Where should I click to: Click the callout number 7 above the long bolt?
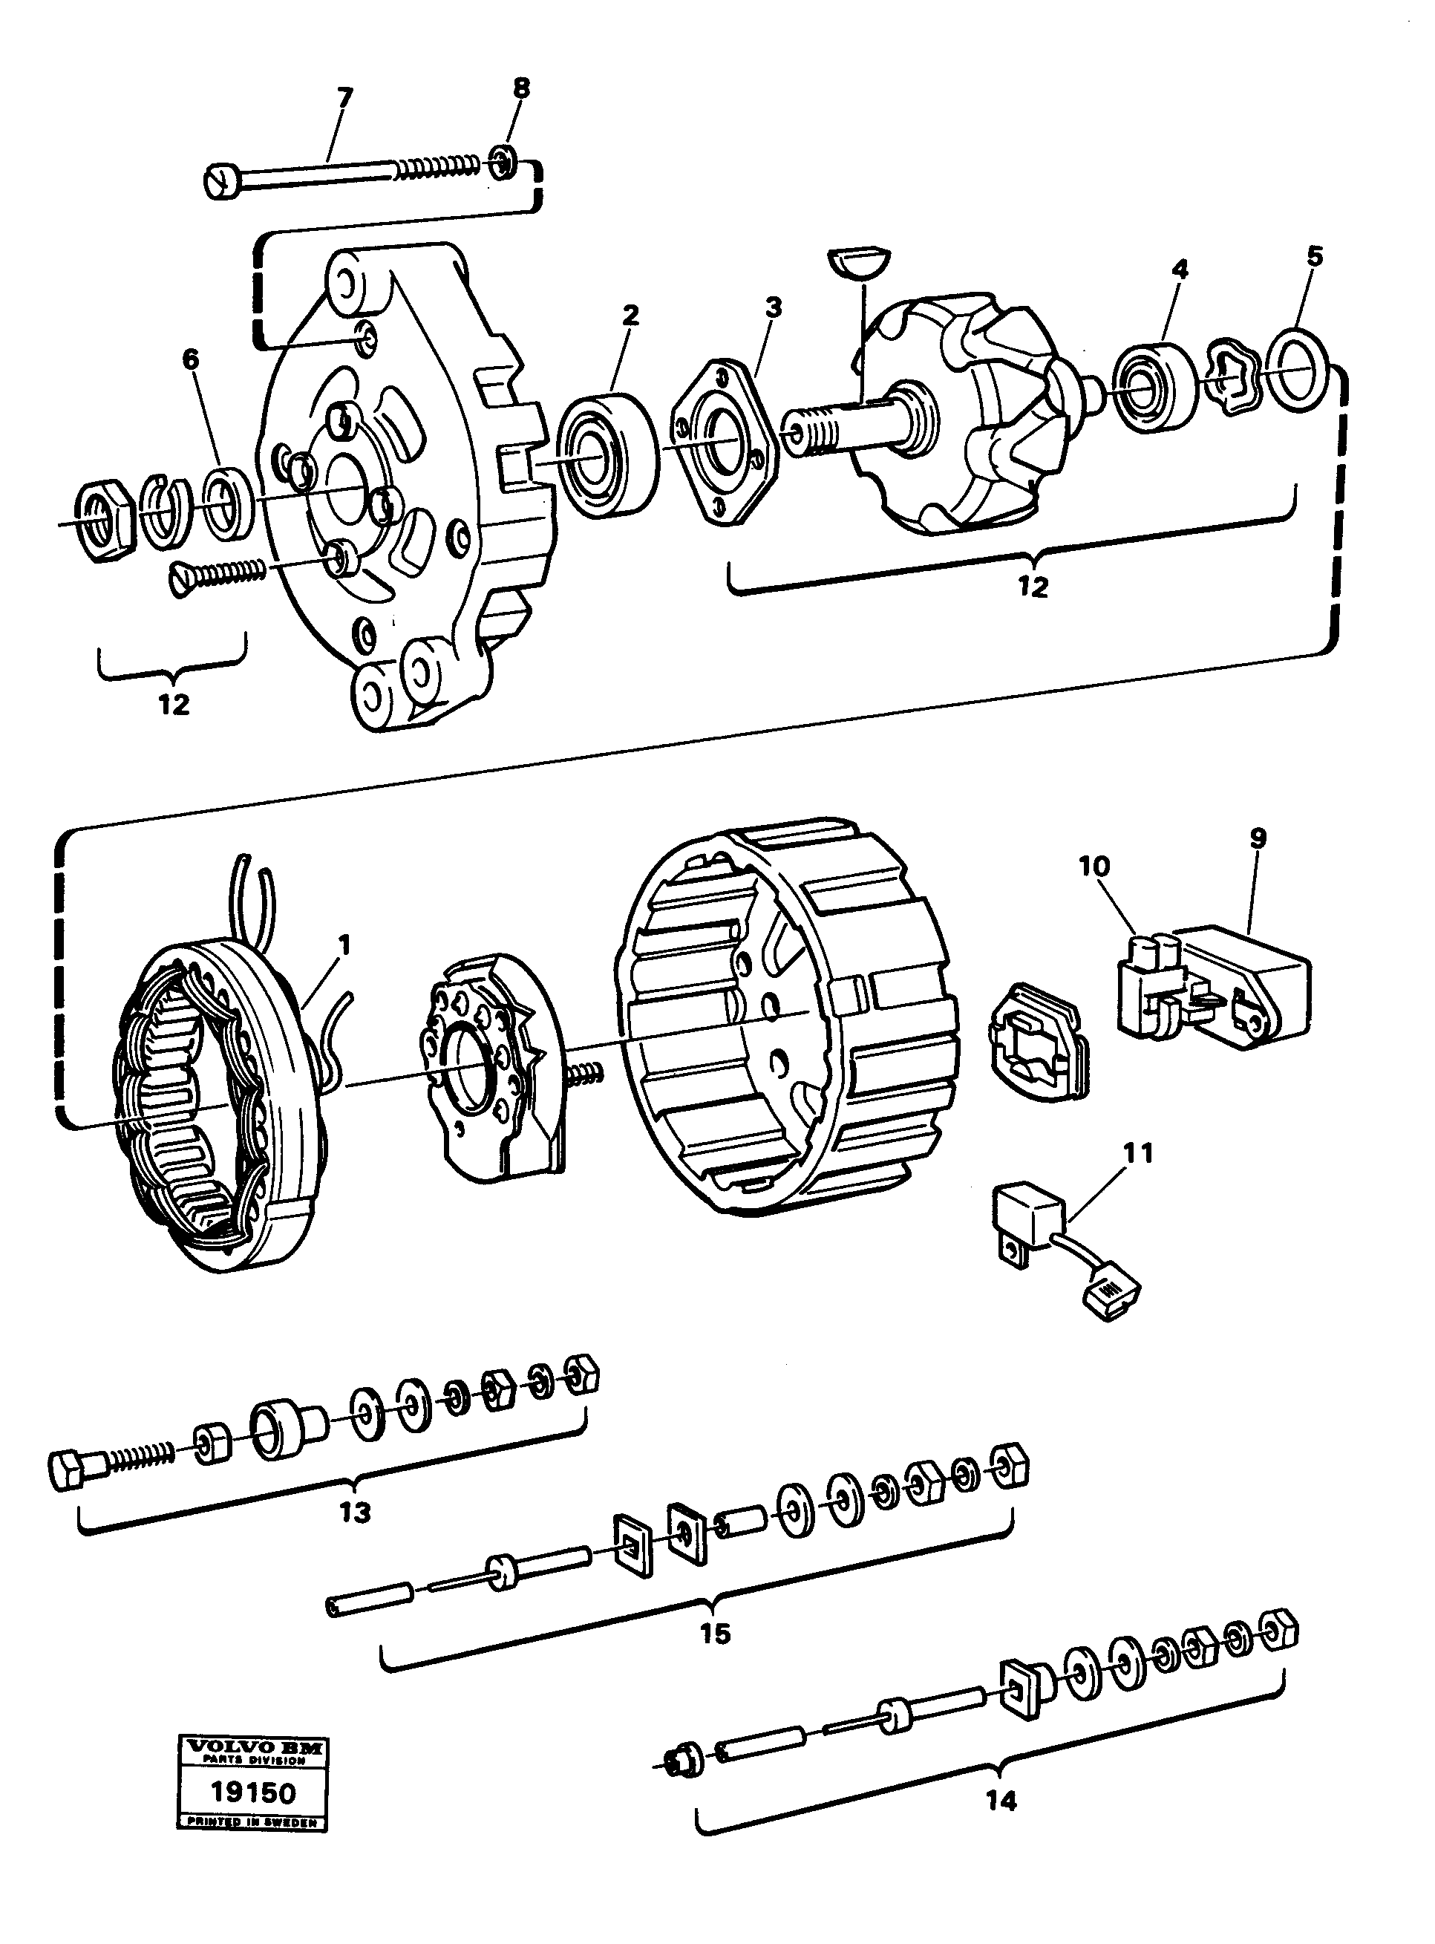pyautogui.click(x=345, y=97)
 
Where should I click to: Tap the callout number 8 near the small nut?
pyautogui.click(x=520, y=88)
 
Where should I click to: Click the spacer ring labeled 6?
pyautogui.click(x=229, y=501)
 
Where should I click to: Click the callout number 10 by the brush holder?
pyautogui.click(x=1094, y=866)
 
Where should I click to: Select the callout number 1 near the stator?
pyautogui.click(x=345, y=945)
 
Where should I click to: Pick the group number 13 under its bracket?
pyautogui.click(x=354, y=1513)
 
